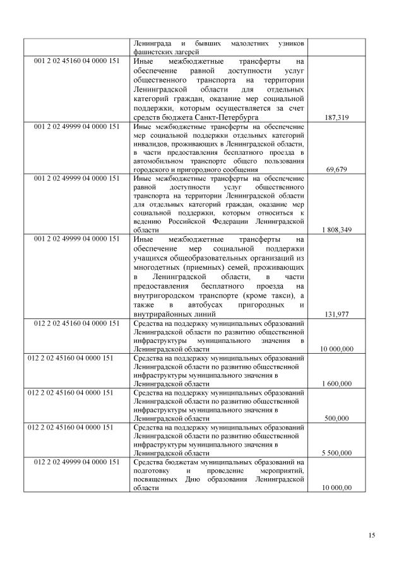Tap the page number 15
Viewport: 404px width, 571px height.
[x=372, y=536]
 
